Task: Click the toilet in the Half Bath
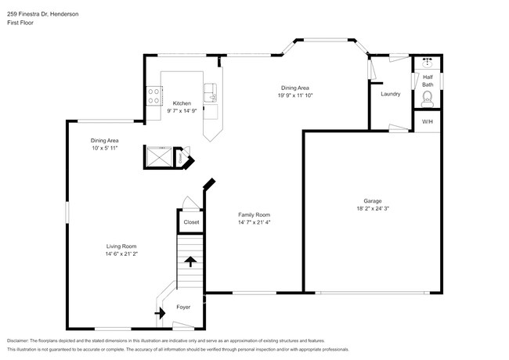point(427,98)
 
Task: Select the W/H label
point(427,122)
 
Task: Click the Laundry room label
point(390,95)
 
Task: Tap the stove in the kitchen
point(153,96)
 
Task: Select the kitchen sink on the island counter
point(210,92)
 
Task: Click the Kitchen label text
point(182,103)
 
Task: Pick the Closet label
point(191,222)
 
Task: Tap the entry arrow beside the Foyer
point(161,314)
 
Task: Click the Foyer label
point(183,307)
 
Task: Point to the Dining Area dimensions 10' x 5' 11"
point(103,148)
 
